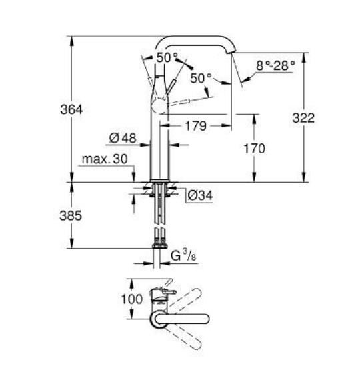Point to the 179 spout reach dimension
195,125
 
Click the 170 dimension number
253,148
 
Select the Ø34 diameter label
199,196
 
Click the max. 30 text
103,160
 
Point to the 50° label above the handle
167,57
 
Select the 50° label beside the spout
201,78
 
